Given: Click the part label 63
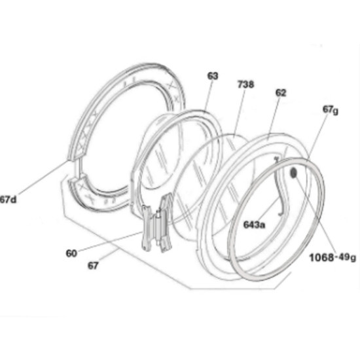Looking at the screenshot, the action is tap(212, 76).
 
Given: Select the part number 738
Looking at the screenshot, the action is tap(245, 84).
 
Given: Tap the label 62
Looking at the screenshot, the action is tap(281, 93).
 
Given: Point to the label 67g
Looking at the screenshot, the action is tap(331, 110).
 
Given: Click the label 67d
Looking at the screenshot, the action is tap(9, 199).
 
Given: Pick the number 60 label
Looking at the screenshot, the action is tap(71, 253).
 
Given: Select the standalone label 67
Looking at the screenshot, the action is tap(93, 266).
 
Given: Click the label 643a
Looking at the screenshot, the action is tap(254, 225).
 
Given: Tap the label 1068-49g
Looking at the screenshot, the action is tap(333, 258).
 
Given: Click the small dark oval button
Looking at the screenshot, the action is tap(294, 172).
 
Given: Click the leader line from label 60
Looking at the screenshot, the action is tap(109, 242).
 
